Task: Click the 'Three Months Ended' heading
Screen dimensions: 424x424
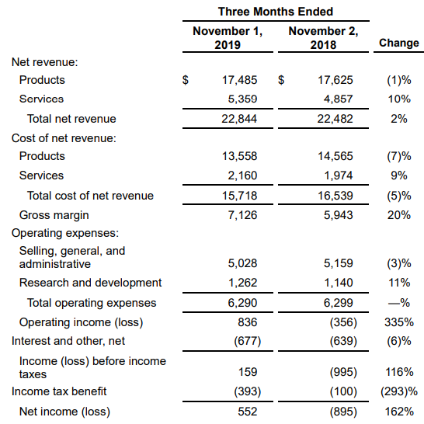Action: [276, 12]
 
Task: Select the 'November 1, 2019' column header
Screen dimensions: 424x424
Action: [228, 38]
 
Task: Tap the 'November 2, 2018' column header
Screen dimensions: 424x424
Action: [323, 38]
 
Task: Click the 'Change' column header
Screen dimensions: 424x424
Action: [399, 43]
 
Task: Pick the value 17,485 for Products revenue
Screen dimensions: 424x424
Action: [240, 80]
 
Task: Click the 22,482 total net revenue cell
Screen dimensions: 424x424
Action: [335, 119]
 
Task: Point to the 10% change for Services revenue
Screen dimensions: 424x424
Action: [399, 99]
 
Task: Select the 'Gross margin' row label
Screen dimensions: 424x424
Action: [54, 215]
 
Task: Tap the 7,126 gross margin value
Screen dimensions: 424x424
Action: [242, 215]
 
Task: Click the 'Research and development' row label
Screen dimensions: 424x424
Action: [90, 283]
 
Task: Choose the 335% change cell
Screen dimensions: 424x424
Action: [399, 322]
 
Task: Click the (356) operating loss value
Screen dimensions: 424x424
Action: [343, 322]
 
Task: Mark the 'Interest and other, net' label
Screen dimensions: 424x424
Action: [68, 341]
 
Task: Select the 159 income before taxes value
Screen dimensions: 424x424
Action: [248, 372]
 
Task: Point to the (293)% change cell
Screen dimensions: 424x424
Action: [399, 391]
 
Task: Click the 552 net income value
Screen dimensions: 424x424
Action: [248, 412]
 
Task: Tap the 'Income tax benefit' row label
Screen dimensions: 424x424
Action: [59, 391]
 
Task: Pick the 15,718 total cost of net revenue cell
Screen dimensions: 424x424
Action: [240, 196]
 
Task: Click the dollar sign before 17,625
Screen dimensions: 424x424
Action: [281, 80]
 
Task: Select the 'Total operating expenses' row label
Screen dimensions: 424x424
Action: [92, 303]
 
